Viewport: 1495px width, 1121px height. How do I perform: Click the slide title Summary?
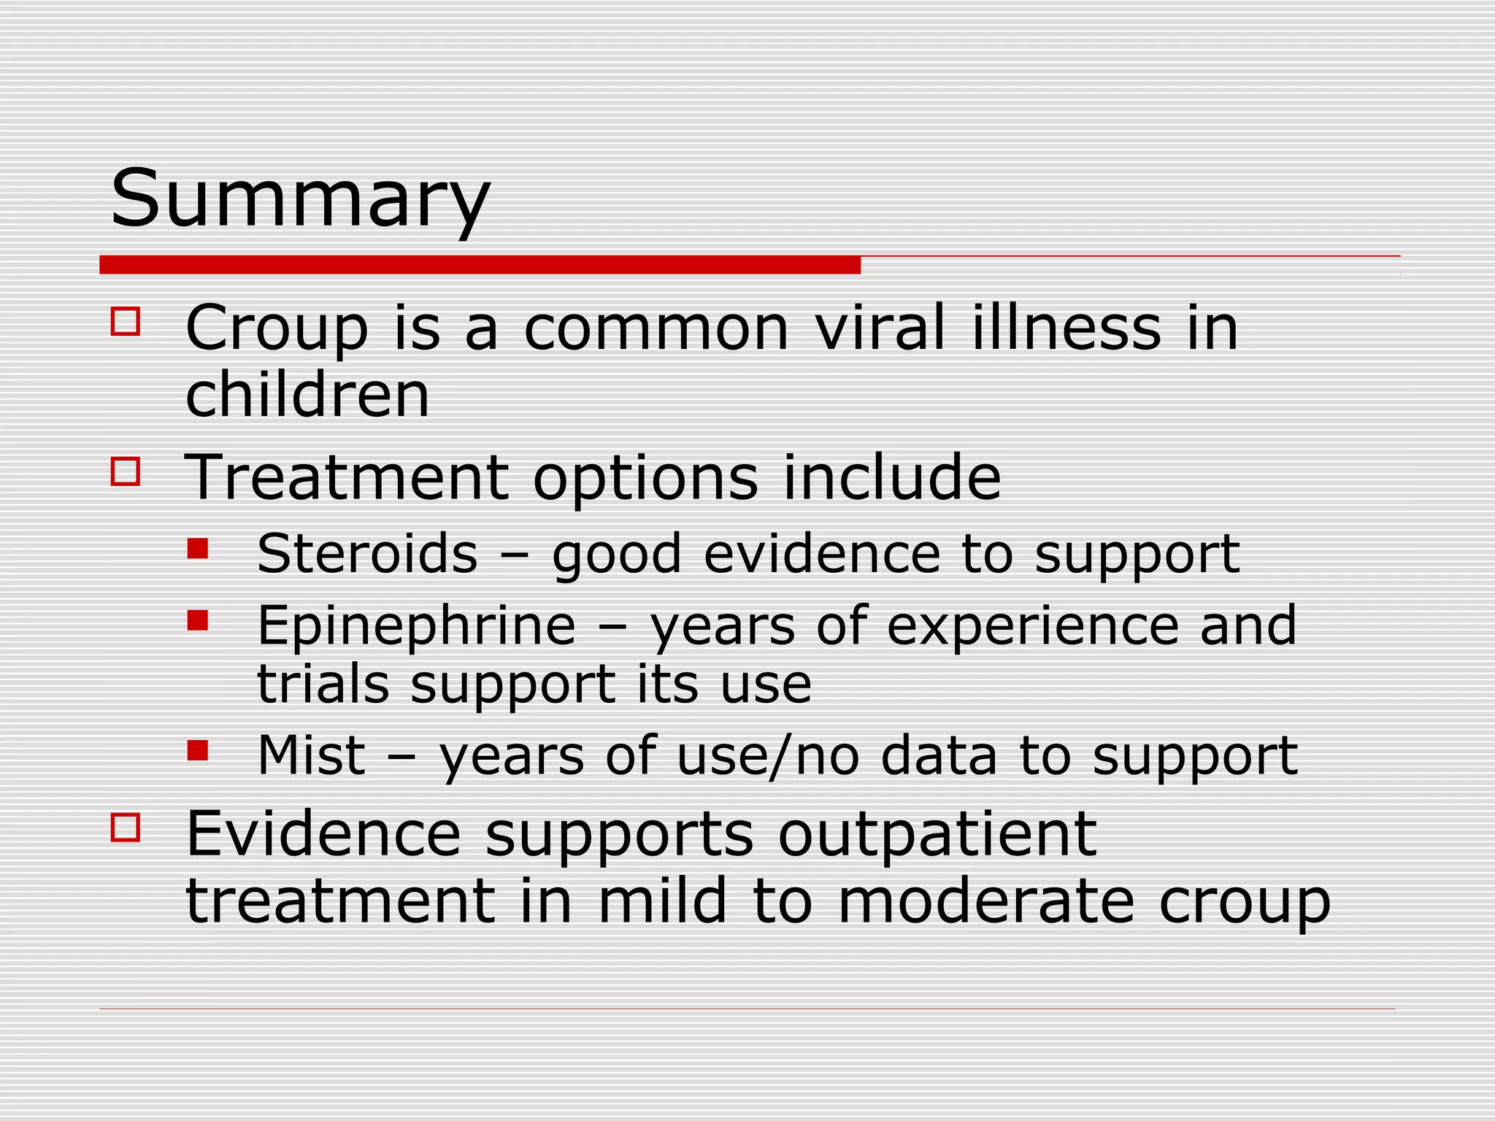click(299, 199)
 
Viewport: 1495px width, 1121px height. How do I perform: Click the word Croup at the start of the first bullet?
click(277, 328)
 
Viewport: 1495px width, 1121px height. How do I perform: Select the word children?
click(307, 394)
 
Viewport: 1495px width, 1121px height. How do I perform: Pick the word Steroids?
click(367, 553)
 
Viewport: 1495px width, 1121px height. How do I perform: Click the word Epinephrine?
click(416, 626)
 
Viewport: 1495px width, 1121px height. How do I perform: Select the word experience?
click(1032, 626)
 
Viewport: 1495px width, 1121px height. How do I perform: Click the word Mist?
click(311, 755)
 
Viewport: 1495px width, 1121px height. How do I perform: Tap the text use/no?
click(767, 755)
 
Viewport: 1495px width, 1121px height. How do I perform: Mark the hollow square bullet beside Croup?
click(126, 321)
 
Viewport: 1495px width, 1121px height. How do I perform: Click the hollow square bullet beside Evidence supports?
click(126, 828)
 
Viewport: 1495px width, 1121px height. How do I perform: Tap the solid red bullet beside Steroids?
click(197, 548)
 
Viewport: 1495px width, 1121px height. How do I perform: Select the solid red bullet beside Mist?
click(197, 750)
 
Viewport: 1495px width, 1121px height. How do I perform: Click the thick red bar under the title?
click(480, 265)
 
